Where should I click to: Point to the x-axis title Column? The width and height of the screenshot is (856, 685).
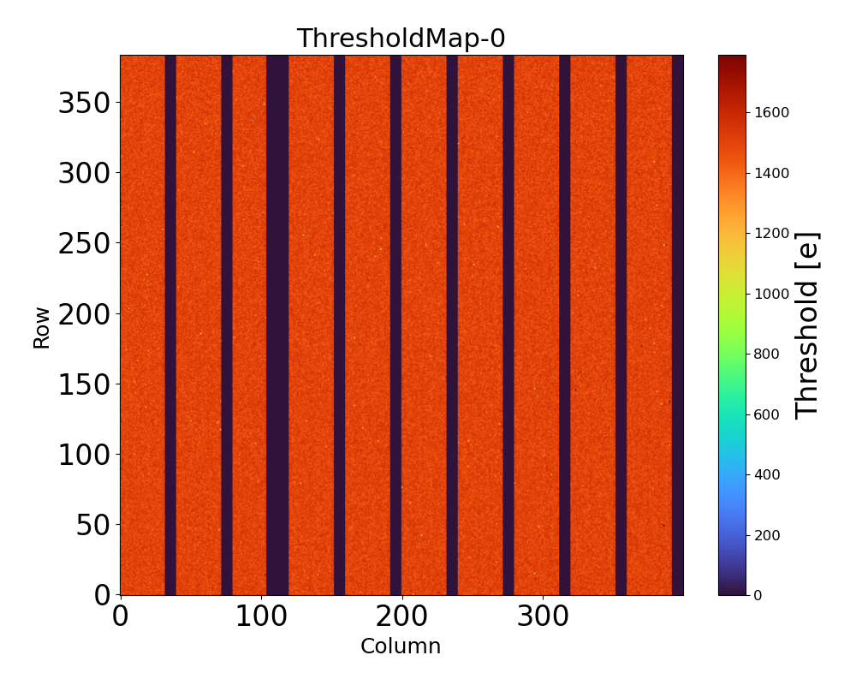coord(401,646)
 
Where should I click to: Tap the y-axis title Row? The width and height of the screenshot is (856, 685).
coord(42,327)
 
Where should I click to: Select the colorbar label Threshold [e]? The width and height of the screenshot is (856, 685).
coord(807,325)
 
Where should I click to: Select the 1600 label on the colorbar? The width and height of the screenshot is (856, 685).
coord(771,112)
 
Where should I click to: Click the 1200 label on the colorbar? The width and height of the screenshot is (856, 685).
coord(771,233)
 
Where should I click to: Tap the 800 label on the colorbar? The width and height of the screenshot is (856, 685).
coord(768,354)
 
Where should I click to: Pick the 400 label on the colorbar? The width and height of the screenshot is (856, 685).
coord(768,474)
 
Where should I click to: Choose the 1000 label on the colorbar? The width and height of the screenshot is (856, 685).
coord(771,294)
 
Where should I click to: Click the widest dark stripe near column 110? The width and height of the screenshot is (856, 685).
coord(277,325)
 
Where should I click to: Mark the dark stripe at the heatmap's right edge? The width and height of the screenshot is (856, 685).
coord(678,325)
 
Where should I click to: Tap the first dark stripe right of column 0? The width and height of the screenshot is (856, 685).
coord(170,325)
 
